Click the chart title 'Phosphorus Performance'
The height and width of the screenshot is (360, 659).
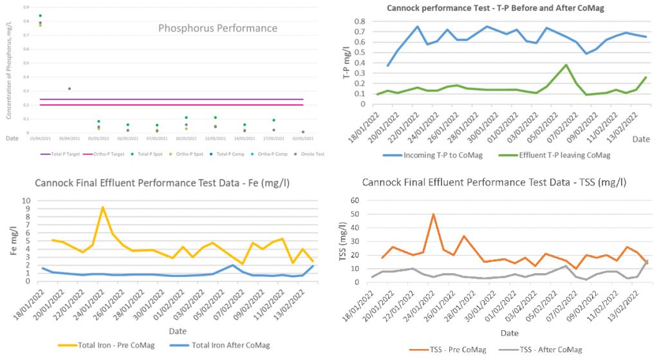pyautogui.click(x=218, y=28)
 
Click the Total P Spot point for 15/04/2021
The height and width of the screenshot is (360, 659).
pyautogui.click(x=40, y=15)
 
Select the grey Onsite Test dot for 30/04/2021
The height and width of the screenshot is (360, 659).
pyautogui.click(x=70, y=88)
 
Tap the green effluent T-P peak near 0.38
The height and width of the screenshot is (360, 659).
pyautogui.click(x=566, y=65)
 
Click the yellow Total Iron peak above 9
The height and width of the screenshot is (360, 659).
pyautogui.click(x=102, y=207)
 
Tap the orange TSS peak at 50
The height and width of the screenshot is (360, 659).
pyautogui.click(x=433, y=214)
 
